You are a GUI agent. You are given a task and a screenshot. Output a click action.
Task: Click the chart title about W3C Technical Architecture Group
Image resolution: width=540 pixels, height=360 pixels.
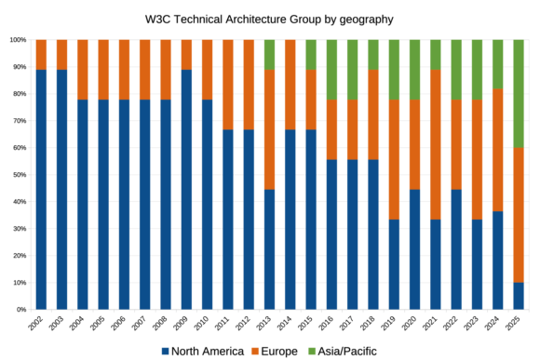(269, 18)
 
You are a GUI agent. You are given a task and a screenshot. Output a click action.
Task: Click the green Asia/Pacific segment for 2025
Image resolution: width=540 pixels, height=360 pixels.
(519, 93)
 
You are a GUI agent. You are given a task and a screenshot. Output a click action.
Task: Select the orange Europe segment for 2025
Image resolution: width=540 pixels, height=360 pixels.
(519, 215)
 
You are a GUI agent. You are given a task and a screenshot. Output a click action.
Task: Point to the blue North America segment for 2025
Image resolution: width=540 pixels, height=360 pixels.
(519, 296)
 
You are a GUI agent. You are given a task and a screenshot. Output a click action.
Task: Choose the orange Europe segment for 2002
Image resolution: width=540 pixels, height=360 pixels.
(41, 55)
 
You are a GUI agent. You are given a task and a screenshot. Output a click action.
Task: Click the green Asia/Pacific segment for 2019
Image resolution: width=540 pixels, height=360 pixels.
(394, 70)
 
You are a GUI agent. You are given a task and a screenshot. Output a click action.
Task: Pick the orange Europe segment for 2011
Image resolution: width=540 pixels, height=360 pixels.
(228, 85)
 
